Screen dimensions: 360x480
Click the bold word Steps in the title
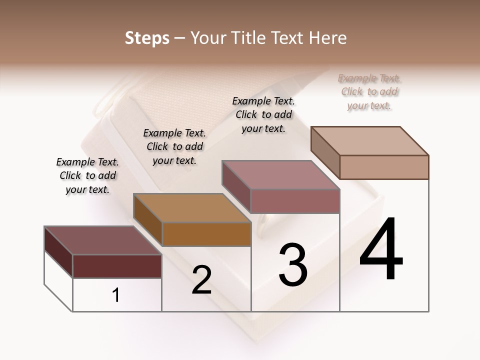tap(147, 38)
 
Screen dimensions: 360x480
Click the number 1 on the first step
tap(116, 295)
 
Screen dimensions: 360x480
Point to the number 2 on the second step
tap(201, 280)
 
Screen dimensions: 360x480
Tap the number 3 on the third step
tap(293, 265)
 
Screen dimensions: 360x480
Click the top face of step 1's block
tap(103, 240)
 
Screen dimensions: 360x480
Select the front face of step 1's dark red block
tap(117, 266)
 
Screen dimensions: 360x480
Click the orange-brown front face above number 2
tap(206, 234)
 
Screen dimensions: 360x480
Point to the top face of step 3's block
tap(281, 175)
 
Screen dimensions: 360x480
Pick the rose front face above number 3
tap(295, 201)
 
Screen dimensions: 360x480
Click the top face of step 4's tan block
tap(370, 141)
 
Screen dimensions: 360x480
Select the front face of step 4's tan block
tap(384, 167)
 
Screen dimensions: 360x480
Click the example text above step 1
tap(87, 175)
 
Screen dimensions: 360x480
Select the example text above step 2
tap(174, 146)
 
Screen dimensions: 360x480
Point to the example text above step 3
tap(263, 114)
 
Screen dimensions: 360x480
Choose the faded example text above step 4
tap(369, 91)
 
